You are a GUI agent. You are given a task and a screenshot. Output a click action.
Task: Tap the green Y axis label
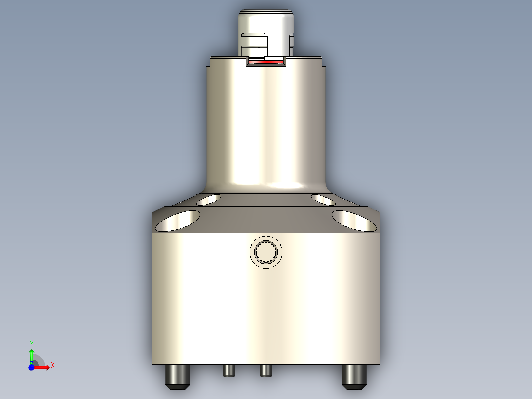pos(32,343)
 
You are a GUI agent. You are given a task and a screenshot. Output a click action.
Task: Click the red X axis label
pos(52,365)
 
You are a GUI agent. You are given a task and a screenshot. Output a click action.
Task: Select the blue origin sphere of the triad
pos(31,367)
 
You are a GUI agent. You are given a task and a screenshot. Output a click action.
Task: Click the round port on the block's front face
pos(266,252)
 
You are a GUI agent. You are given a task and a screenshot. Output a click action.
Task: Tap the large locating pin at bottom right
pos(355,376)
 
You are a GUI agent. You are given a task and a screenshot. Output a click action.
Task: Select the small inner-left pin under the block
pos(228,370)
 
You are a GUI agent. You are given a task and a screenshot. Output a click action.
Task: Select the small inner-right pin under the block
pos(266,370)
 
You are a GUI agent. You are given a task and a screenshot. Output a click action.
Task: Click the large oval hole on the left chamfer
pos(178,221)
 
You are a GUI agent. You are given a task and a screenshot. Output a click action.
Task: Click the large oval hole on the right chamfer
pos(354,221)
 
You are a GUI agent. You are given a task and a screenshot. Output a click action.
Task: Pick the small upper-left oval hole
pos(209,199)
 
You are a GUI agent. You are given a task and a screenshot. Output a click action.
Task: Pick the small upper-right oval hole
pos(324,199)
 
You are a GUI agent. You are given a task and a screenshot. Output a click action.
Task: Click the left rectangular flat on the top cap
pos(255,44)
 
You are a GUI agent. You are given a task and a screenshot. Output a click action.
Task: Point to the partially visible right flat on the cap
pos(291,44)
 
